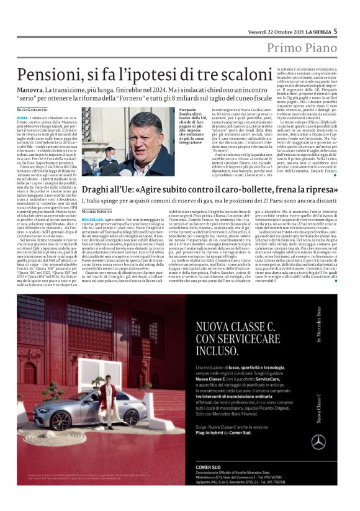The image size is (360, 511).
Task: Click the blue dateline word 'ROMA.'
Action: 23,117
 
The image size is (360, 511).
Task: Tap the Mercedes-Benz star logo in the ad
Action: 318,441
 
